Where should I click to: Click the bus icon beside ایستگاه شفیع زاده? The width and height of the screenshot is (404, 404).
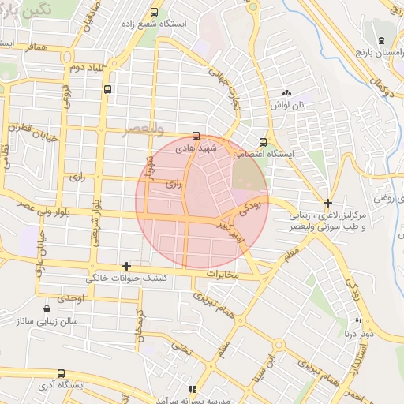(x=154, y=12)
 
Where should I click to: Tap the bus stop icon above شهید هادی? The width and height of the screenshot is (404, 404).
(x=196, y=135)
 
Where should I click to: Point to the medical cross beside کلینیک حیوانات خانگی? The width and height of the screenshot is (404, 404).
(x=126, y=267)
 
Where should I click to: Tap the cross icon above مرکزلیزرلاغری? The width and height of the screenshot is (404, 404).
(x=328, y=203)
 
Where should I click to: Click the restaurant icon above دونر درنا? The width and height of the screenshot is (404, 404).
(x=359, y=322)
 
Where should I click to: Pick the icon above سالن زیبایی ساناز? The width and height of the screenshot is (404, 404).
(x=49, y=309)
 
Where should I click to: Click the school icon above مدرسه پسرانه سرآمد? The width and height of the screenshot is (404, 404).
(x=192, y=389)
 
